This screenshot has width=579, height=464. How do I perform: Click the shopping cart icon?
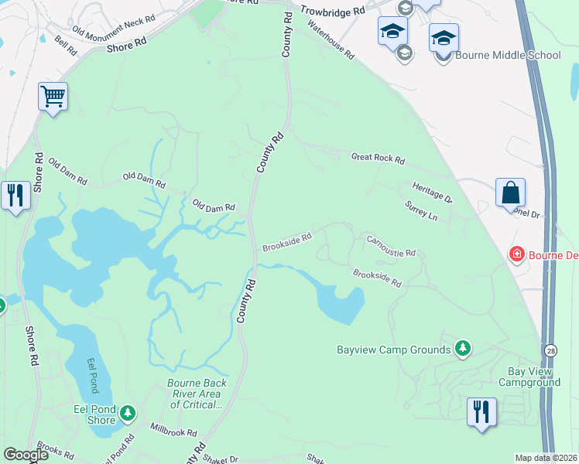click(53, 97)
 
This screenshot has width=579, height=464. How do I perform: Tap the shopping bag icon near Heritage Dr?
click(510, 193)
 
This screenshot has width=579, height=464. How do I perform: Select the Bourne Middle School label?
click(508, 55)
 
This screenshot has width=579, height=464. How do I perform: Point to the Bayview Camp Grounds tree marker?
click(463, 349)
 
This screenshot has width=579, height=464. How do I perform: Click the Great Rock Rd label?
click(378, 159)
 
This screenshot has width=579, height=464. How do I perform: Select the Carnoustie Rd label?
click(391, 247)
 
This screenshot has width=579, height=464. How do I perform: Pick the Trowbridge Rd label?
click(332, 12)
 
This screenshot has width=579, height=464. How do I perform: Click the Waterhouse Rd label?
click(331, 40)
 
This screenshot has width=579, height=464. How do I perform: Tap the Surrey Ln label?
click(421, 211)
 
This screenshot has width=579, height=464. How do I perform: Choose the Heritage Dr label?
click(432, 193)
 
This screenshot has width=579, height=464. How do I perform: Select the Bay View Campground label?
click(529, 377)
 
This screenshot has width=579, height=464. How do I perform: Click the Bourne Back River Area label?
click(197, 394)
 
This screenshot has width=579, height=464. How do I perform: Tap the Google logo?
click(26, 455)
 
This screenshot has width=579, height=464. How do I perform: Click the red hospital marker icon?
click(516, 254)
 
